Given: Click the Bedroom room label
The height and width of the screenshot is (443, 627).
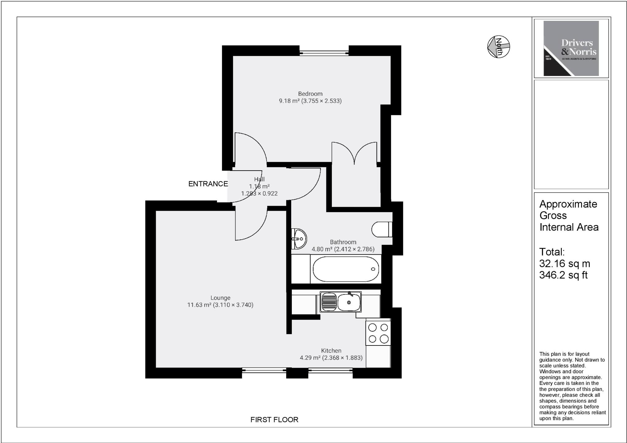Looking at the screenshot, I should [310, 94].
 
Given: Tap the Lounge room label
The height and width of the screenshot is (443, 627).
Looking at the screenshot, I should [220, 298].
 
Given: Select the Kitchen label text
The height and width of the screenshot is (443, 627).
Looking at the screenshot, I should [331, 351].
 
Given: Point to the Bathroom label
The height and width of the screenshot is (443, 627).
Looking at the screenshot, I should [343, 242].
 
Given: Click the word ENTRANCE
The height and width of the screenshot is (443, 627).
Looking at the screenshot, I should [208, 184].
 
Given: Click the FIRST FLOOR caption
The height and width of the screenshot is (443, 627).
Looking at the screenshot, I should [274, 420].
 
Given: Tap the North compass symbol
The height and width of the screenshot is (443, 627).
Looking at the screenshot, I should [498, 46].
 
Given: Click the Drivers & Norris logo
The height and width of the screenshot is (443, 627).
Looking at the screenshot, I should [571, 48].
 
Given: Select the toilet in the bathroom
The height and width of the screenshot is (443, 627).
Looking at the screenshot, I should [381, 229].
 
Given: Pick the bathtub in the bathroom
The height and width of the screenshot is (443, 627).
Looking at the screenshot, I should [346, 269].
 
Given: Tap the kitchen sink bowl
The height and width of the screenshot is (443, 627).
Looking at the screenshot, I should [349, 302].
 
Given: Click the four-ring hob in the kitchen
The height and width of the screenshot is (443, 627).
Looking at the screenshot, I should [378, 333].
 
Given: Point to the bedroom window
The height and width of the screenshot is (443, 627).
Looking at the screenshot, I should [324, 52].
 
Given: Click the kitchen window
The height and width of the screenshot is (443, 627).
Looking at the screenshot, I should [330, 371].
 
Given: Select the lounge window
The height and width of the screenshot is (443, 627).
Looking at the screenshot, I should [264, 371].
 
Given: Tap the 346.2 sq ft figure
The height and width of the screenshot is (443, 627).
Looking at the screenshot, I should [563, 275].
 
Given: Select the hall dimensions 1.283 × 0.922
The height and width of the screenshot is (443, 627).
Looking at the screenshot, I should [259, 193].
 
